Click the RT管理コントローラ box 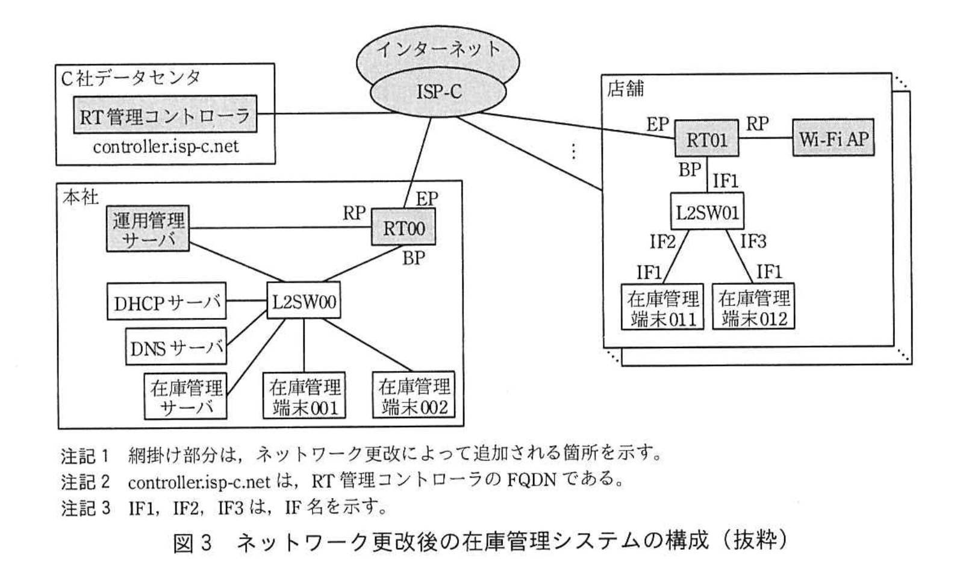164,114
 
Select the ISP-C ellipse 439,92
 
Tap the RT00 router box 404,228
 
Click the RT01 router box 706,140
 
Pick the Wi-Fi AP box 833,139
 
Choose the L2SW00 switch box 304,301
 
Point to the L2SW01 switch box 707,211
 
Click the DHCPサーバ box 166,301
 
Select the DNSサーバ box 176,347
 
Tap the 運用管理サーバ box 148,228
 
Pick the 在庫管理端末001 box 305,396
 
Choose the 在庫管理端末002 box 414,396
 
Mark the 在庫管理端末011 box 662,307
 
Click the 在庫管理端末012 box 753,307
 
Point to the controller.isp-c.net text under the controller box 166,146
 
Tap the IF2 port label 662,242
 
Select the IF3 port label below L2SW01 753,242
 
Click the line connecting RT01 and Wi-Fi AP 765,139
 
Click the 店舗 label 625,89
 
